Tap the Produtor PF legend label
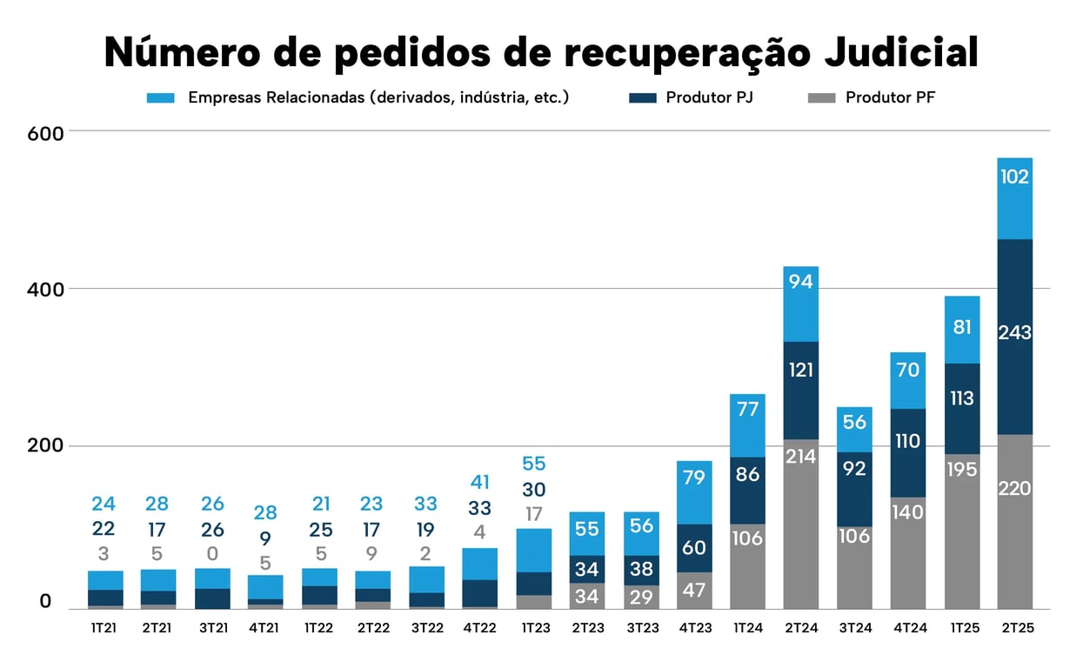[890, 97]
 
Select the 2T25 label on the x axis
[1015, 628]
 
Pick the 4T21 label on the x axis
[264, 628]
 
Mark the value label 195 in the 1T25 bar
[961, 470]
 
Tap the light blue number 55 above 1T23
[533, 464]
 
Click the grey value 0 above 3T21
[211, 554]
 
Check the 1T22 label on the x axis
[318, 628]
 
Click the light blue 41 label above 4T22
[479, 483]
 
